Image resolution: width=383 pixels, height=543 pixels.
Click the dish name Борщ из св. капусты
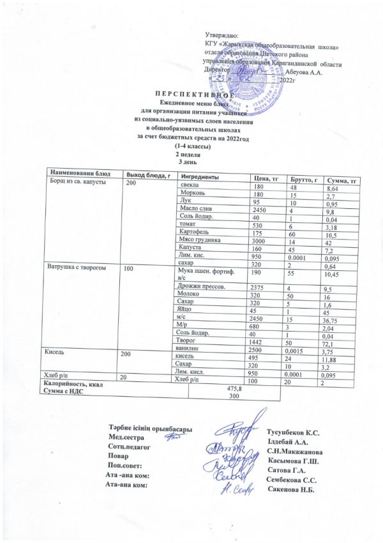[75, 182]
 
